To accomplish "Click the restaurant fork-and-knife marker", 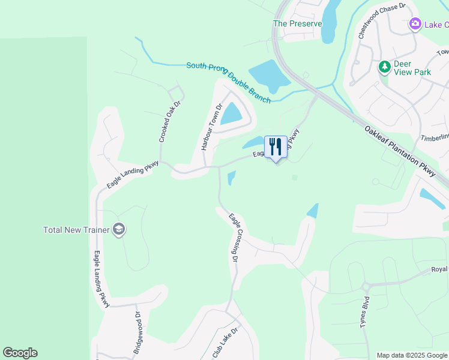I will pyautogui.click(x=276, y=146).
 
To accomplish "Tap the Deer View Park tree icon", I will pyautogui.click(x=385, y=67).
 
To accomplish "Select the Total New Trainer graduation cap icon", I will pyautogui.click(x=119, y=229).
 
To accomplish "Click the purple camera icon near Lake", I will pyautogui.click(x=414, y=25).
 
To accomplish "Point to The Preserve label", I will pyautogui.click(x=297, y=24).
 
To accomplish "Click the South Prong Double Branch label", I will pyautogui.click(x=228, y=82).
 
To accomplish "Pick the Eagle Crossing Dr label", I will pyautogui.click(x=234, y=238).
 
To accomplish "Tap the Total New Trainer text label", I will pyautogui.click(x=76, y=230).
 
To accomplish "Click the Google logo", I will pyautogui.click(x=20, y=353).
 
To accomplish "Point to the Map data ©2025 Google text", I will pyautogui.click(x=411, y=355).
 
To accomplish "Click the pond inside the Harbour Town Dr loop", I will pyautogui.click(x=231, y=113).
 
